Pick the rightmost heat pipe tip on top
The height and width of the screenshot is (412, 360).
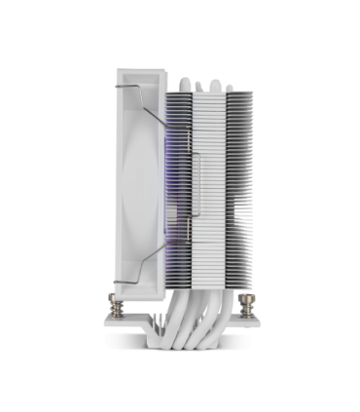coord(229,84)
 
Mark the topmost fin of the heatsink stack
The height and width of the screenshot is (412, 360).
coord(204,92)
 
